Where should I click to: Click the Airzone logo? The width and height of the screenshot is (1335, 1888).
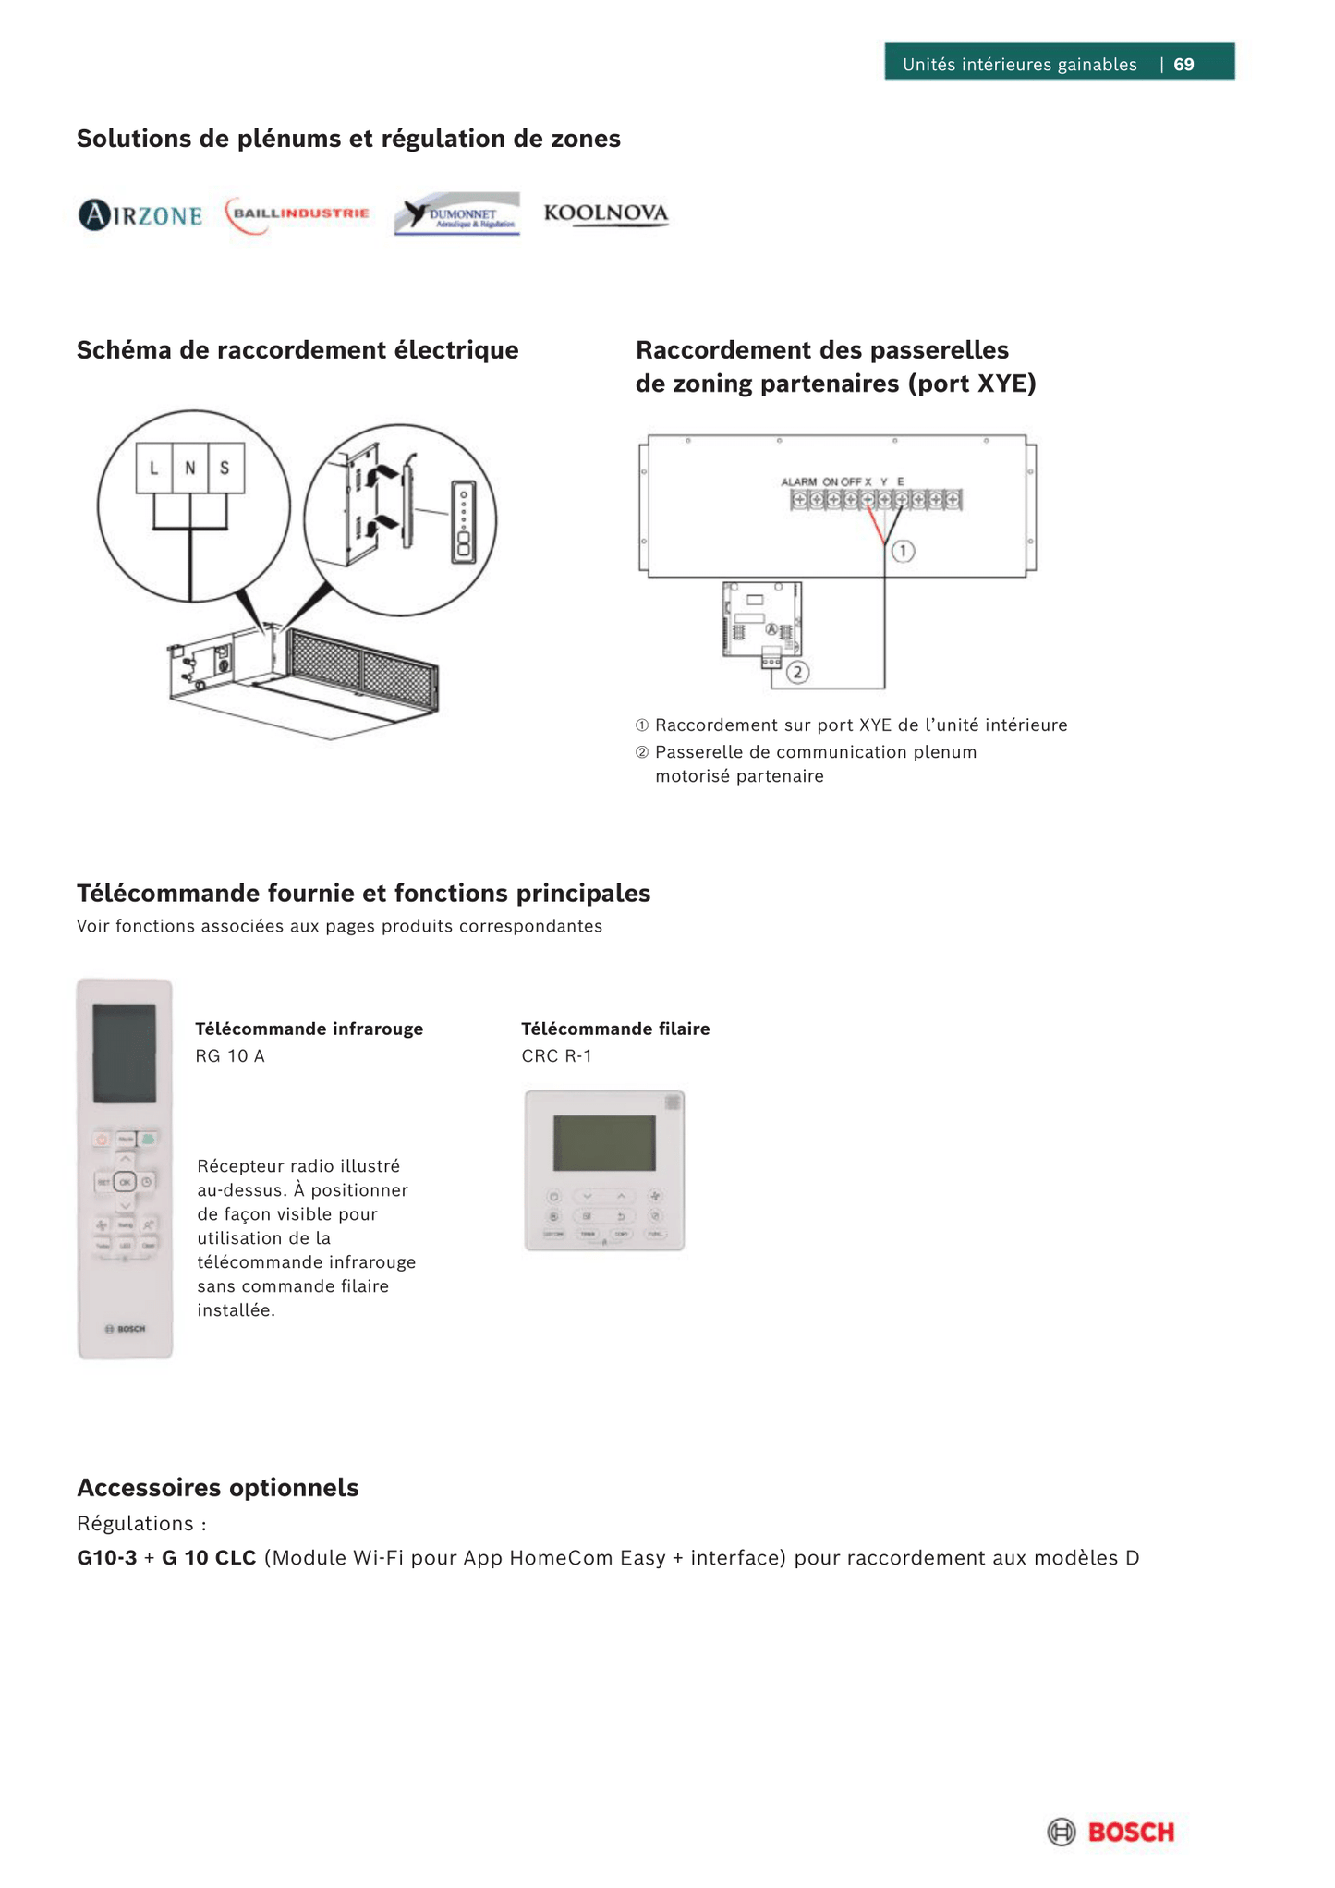point(140,215)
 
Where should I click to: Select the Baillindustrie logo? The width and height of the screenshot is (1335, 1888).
point(297,214)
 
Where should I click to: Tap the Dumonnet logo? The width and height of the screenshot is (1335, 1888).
point(456,214)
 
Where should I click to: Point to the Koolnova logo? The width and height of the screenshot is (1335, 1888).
point(605,213)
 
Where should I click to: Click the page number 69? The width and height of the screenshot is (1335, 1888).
point(1183,64)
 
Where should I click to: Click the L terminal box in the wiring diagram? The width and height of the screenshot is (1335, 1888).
point(154,469)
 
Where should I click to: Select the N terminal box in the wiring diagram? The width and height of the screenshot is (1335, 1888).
point(189,469)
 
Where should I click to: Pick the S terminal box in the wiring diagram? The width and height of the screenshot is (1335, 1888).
point(225,469)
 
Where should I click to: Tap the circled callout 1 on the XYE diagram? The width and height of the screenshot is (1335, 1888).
point(903,551)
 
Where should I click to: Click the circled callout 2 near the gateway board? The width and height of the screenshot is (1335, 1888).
point(797,672)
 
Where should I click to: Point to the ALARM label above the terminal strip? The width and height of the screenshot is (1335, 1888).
point(798,481)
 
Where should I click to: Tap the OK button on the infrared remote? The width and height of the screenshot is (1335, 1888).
point(125,1182)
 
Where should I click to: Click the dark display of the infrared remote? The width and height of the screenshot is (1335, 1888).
point(125,1054)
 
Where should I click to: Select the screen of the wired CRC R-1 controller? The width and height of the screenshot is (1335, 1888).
point(604,1142)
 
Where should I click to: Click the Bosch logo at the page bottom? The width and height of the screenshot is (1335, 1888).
point(1111,1831)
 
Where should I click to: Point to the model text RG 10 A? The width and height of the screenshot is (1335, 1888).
point(230,1056)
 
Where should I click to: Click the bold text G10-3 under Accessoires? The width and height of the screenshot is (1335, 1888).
point(106,1558)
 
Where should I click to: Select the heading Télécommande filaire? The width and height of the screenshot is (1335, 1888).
point(615,1029)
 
